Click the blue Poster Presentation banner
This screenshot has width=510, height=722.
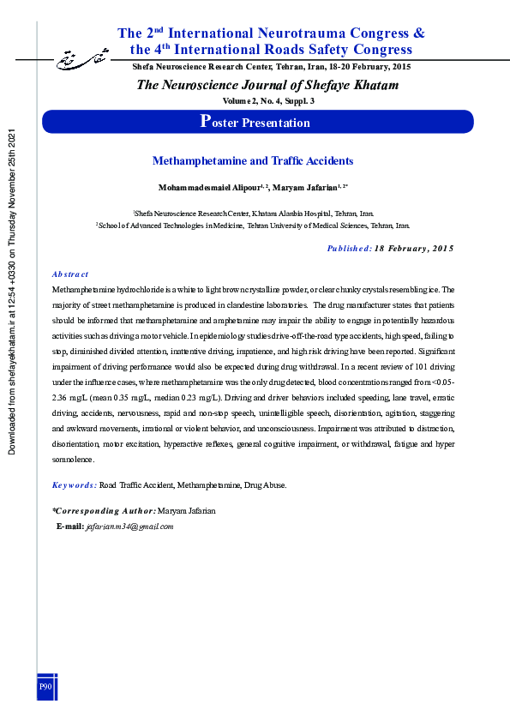coord(255,122)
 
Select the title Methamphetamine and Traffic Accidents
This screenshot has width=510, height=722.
coord(253,160)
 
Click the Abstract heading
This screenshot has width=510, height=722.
coord(70,274)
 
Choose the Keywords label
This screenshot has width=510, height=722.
coord(74,484)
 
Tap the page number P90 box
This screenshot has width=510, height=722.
coord(46,687)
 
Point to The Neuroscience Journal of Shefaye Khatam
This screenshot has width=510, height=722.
coord(267,84)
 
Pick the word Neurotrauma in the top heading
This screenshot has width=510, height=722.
coord(295,33)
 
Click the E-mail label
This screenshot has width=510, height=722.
coord(69,526)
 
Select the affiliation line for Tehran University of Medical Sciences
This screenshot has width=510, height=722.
coord(253,225)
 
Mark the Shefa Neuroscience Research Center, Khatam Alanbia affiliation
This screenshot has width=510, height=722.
coord(253,213)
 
